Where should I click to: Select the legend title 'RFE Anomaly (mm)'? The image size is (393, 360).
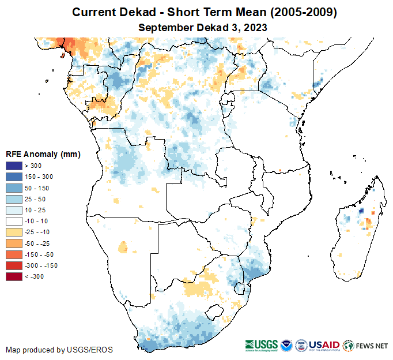(43, 155)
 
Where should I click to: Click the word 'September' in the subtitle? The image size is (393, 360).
(163, 27)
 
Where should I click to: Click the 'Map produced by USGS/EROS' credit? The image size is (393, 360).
(59, 350)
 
